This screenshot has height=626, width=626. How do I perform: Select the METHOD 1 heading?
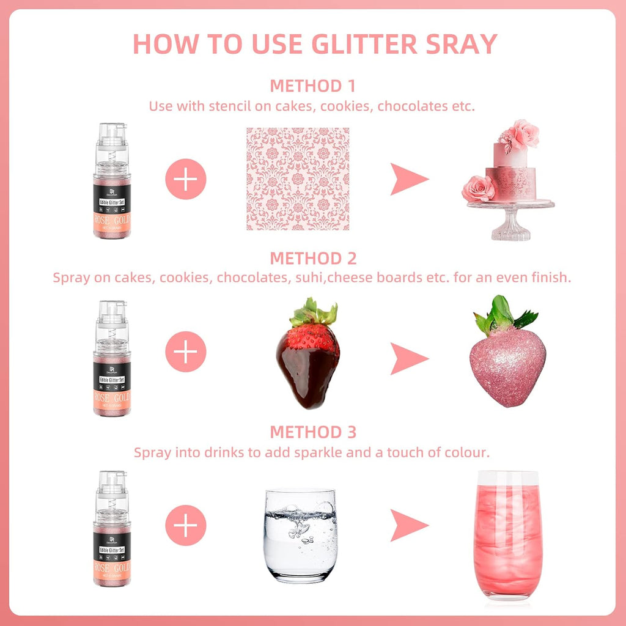click(312, 86)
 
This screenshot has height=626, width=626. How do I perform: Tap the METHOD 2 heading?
click(312, 258)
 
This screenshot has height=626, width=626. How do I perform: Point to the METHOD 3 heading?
click(312, 432)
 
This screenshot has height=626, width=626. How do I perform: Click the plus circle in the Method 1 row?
click(186, 179)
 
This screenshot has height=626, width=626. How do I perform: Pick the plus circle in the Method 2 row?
click(186, 352)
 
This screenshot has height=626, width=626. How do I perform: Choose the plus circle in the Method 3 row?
click(186, 525)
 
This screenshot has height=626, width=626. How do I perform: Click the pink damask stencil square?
click(298, 179)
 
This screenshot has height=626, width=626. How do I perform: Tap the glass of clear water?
click(300, 534)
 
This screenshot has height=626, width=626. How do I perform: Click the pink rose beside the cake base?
click(478, 188)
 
